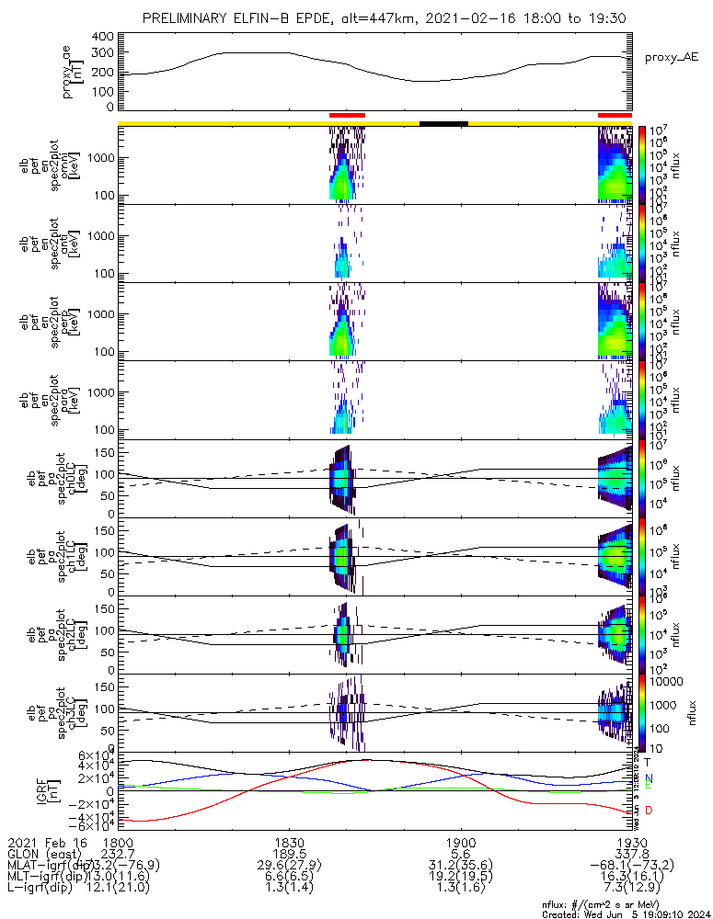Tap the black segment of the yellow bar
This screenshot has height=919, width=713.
pos(443,122)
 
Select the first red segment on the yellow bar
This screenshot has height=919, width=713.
pos(347,115)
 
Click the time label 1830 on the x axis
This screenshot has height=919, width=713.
pos(290,842)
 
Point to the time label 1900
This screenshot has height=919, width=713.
pos(460,842)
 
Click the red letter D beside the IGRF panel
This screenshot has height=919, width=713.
pos(650,811)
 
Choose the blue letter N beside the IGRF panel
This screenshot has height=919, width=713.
pos(649,777)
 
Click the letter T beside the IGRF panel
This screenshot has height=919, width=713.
pos(649,762)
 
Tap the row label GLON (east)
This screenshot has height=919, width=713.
pos(43,854)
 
